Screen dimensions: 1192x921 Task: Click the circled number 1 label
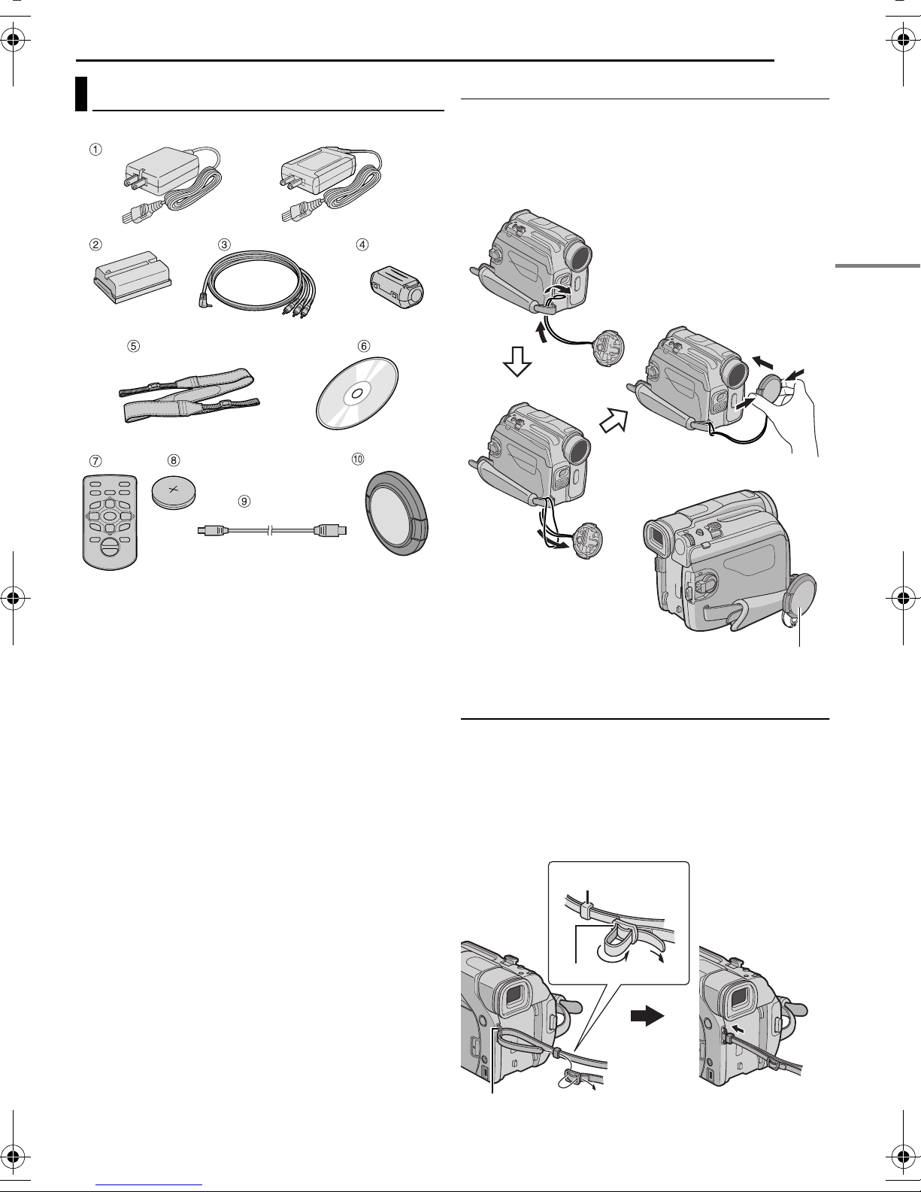pos(95,149)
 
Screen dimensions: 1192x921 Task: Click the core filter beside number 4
pos(397,287)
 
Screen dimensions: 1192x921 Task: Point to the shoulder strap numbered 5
pos(189,395)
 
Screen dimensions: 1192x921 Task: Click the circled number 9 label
pos(242,499)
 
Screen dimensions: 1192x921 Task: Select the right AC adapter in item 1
pos(329,184)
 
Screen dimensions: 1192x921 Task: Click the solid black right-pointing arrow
pos(646,1017)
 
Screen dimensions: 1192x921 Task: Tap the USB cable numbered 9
pos(270,530)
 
